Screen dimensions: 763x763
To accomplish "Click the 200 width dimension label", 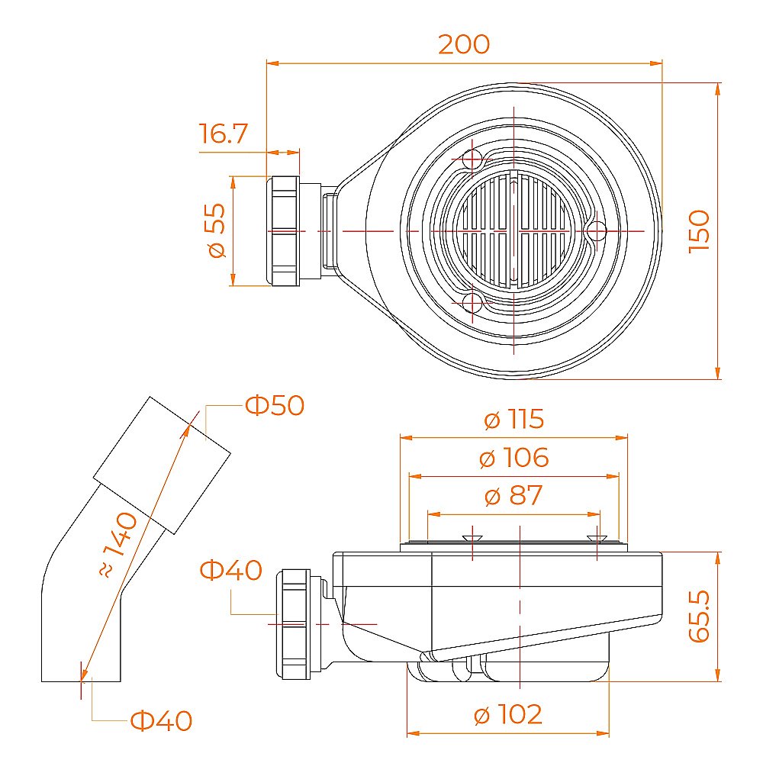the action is pos(464,44).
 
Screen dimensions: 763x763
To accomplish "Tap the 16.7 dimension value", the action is pos(224,134).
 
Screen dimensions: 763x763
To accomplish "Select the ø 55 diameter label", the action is pos(217,230).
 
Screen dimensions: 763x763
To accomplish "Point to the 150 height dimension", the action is pos(699,231).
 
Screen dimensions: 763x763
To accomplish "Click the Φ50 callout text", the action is pos(275,405).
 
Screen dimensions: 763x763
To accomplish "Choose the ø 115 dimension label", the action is pos(513,419).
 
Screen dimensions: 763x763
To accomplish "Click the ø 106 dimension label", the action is pos(513,458).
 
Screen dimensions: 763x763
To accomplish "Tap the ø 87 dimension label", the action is pos(513,495).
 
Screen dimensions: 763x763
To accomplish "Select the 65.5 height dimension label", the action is pos(699,616).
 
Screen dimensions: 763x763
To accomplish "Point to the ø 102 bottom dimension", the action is pos(508,714).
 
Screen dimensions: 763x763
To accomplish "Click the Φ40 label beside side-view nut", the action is pos(231,570).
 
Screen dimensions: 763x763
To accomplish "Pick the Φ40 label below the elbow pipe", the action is pos(162,721).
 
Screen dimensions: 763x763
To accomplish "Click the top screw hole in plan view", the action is pos(472,159).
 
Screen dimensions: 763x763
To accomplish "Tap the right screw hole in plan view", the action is pos(597,231).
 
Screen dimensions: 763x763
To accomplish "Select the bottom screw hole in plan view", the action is pos(472,303).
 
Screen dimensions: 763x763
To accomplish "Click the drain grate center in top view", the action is pos(514,230).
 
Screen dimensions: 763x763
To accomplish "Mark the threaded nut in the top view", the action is pos(283,230).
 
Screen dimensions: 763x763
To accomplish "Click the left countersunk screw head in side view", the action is pos(472,538).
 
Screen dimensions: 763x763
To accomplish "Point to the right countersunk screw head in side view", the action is pos(597,538).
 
